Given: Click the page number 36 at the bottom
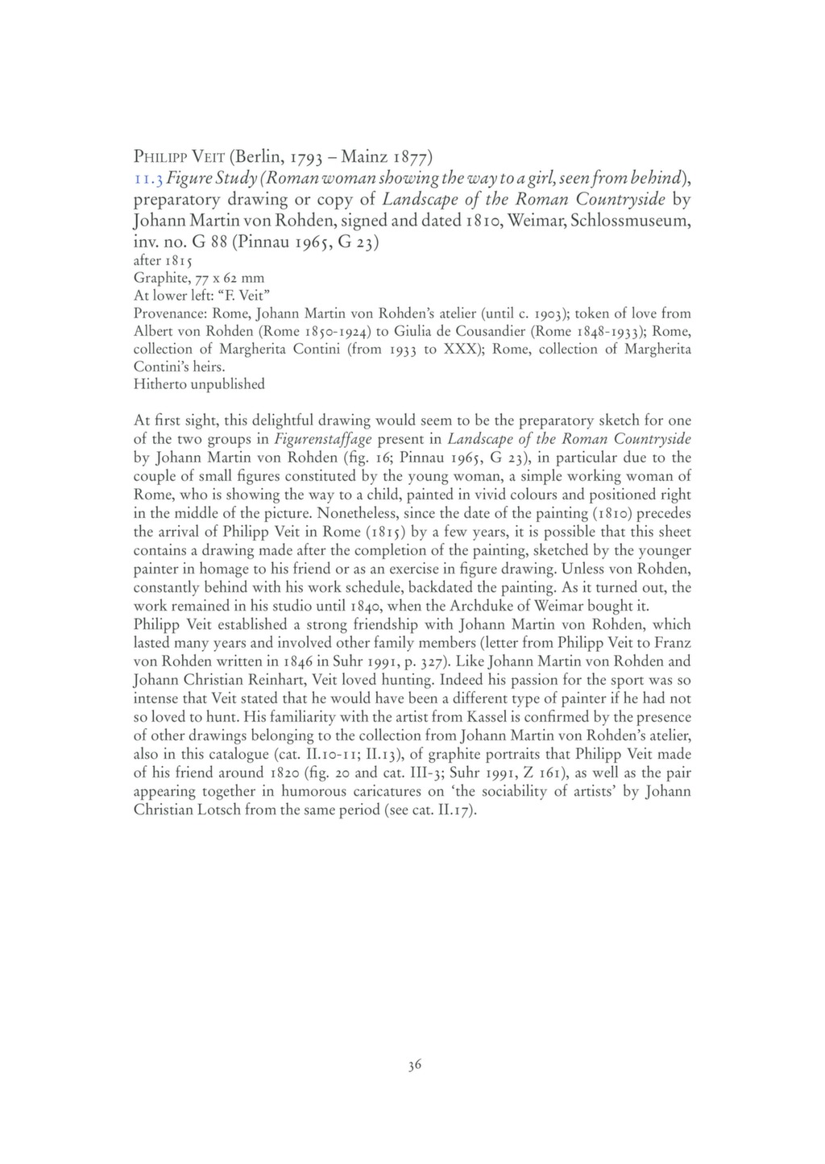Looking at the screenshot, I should pos(414,1065).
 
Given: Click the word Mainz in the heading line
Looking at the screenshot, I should pos(367,155).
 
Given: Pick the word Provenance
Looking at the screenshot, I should pos(167,313).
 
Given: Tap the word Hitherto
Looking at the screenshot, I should pos(160,384).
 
